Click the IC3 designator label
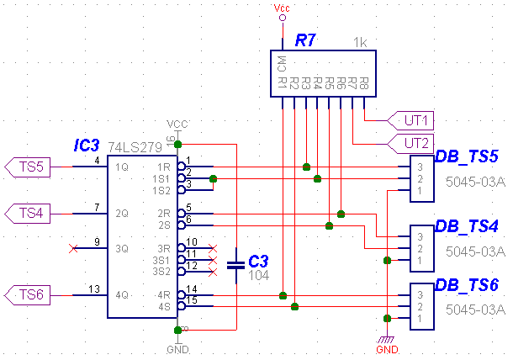(x=87, y=146)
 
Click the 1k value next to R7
(x=360, y=42)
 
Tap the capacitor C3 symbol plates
(x=236, y=262)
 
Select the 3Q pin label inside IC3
(x=123, y=248)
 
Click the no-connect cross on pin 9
(x=73, y=248)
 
